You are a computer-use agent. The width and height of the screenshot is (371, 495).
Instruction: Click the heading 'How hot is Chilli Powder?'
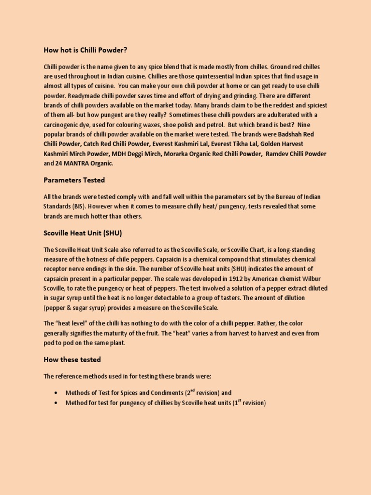[86, 50]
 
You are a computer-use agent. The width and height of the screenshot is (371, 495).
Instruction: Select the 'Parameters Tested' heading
[74, 180]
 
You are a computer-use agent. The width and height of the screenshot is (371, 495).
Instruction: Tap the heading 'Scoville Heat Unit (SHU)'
[83, 233]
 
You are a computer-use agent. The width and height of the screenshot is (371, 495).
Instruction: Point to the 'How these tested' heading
[72, 360]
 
